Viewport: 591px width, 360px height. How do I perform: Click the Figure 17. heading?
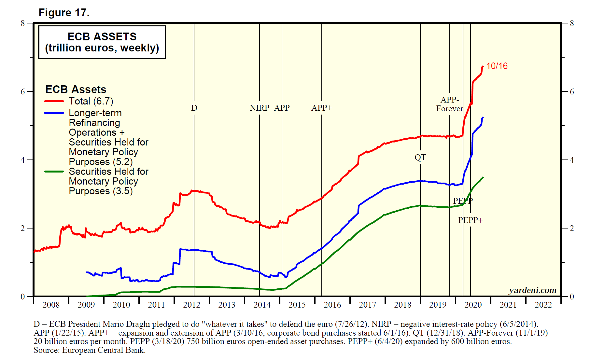[64, 13]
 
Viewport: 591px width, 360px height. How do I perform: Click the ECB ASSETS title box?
[102, 42]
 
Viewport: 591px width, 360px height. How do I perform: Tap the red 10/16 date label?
[497, 66]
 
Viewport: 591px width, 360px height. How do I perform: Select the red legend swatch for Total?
[54, 101]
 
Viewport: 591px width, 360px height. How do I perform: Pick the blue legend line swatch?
[54, 113]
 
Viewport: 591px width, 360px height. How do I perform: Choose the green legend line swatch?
[54, 172]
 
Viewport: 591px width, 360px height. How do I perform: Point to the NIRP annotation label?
[259, 108]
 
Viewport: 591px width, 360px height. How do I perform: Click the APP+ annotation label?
[321, 108]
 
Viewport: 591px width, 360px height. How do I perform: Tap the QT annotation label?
[420, 158]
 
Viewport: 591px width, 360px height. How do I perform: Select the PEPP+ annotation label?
[470, 220]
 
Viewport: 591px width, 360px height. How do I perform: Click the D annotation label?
[194, 108]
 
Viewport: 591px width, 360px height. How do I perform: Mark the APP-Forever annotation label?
[449, 104]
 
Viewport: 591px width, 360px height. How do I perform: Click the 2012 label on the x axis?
[191, 305]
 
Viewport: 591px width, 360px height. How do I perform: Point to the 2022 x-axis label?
[543, 305]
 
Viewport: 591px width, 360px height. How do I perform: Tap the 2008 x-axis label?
[51, 305]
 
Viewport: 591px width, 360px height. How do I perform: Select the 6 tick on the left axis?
[22, 91]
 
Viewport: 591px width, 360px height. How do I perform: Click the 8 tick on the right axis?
[572, 23]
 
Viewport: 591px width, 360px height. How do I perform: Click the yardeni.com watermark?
[532, 290]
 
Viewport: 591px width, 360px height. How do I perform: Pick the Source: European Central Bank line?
[90, 350]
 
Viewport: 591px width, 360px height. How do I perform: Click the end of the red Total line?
[483, 66]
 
